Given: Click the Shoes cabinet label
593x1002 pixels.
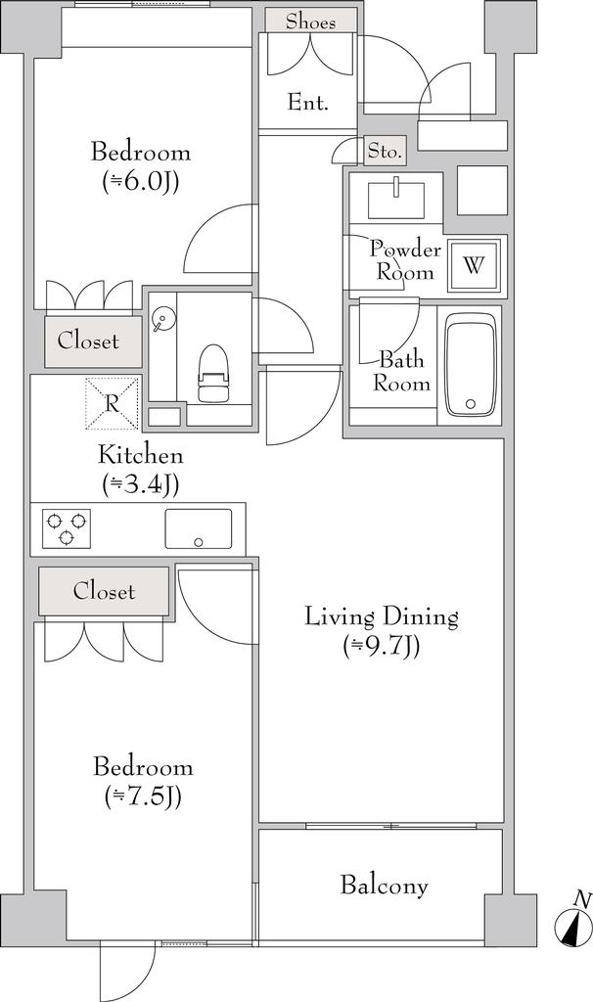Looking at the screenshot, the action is coord(310,22).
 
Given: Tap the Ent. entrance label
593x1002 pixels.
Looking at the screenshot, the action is coord(307,102).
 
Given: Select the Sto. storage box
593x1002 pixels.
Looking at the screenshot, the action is coord(386,152).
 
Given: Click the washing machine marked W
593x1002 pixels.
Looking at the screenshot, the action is coord(474,265).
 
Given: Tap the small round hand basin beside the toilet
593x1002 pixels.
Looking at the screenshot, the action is coord(161,320).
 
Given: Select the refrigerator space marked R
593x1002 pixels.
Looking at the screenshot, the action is coord(112,403).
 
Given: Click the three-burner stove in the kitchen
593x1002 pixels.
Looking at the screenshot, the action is coord(67,527).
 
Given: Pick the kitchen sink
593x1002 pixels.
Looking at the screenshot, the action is coord(198,528).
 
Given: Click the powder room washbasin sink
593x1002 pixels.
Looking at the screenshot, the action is coord(396,199).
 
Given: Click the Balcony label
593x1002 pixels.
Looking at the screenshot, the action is coord(384,887).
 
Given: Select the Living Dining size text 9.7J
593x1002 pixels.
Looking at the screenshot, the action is coord(382,647).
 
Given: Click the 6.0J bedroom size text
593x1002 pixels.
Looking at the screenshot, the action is coord(141,182).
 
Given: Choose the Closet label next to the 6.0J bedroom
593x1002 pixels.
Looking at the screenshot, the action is coord(88,341).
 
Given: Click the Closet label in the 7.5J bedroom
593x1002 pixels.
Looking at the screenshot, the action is coord(104,591).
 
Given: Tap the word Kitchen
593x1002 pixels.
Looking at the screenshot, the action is coord(140,456).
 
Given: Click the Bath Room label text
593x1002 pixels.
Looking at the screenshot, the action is coord(401,371).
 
